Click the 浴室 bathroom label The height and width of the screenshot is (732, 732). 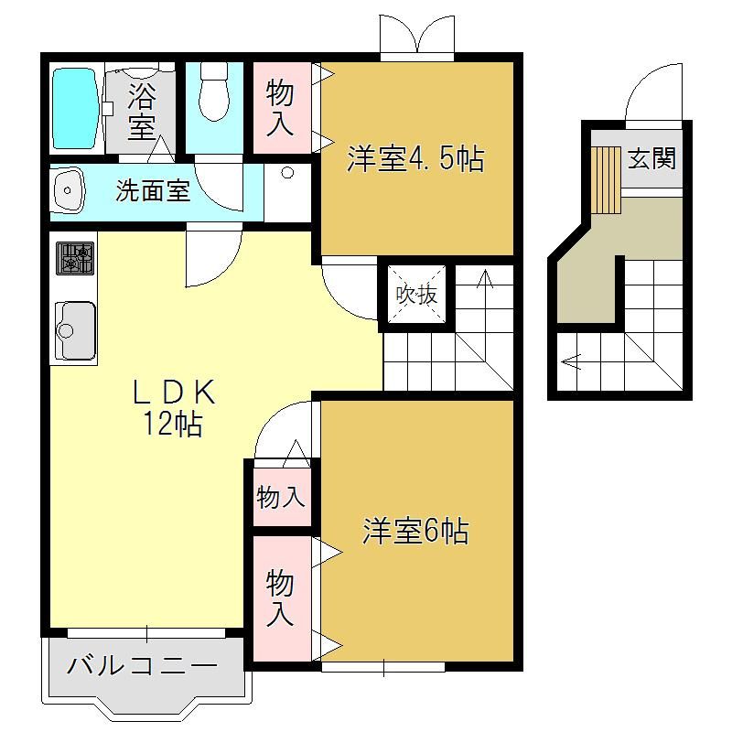click(x=141, y=111)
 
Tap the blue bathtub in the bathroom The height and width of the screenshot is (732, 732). click(x=75, y=109)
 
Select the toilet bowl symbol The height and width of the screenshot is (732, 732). click(x=214, y=91)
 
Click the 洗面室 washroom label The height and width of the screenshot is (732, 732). click(x=153, y=190)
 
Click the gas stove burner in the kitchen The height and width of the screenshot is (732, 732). click(x=75, y=258)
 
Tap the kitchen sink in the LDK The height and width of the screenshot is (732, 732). click(x=75, y=330)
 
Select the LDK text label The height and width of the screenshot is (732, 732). click(x=175, y=392)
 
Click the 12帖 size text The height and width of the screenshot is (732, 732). click(x=172, y=423)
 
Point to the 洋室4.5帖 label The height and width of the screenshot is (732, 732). click(x=416, y=159)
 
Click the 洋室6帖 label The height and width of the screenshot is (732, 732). click(x=415, y=531)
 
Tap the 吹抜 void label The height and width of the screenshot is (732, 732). click(x=416, y=294)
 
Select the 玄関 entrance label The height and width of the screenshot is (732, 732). click(x=651, y=158)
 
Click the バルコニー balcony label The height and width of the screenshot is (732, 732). click(x=142, y=665)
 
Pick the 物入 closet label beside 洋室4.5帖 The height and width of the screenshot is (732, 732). click(x=280, y=108)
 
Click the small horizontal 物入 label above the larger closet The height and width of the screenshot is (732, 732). click(x=281, y=496)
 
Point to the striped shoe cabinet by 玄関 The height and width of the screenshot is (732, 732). click(x=606, y=180)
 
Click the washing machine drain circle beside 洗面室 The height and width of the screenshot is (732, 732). click(x=287, y=173)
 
